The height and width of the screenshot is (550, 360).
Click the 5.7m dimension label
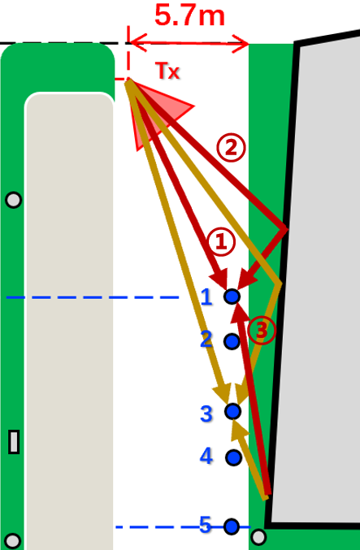(x=189, y=15)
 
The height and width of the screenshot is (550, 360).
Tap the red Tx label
(x=167, y=71)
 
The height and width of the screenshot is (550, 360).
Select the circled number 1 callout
(x=221, y=242)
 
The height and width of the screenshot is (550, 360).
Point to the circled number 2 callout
(x=231, y=149)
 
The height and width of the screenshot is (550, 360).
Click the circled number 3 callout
(x=262, y=330)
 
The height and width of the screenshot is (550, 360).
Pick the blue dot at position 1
(x=232, y=297)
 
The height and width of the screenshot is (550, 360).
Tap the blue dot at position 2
(x=232, y=341)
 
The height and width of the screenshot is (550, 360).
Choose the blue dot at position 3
(x=232, y=411)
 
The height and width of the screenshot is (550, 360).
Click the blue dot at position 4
(x=233, y=457)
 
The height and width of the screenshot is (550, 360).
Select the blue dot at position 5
(x=232, y=526)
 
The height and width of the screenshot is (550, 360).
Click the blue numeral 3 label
(x=206, y=414)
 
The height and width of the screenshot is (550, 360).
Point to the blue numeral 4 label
(x=206, y=456)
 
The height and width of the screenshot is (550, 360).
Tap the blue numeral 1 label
(x=206, y=297)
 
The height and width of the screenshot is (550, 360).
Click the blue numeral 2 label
(x=206, y=339)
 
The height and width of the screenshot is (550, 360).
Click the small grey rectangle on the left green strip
(x=14, y=442)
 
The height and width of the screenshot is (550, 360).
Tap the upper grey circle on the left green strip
(x=14, y=200)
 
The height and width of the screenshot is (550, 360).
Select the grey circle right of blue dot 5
(x=258, y=537)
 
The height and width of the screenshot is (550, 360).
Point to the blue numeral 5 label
(x=206, y=525)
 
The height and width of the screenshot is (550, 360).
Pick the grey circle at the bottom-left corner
(x=13, y=541)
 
